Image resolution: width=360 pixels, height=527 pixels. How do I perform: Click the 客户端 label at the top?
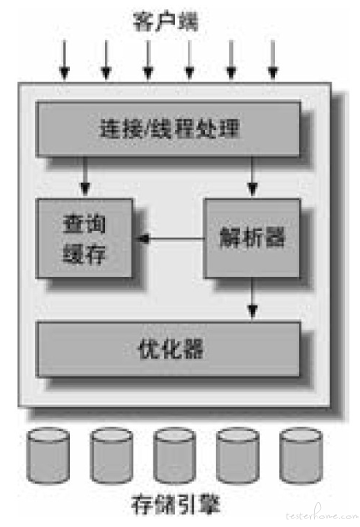pyautogui.click(x=166, y=21)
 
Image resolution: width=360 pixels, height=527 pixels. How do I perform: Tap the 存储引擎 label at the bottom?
pyautogui.click(x=176, y=504)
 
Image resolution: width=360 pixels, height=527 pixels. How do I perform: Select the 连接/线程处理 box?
pyautogui.click(x=167, y=129)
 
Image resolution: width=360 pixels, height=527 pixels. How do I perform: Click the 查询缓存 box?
pyautogui.click(x=84, y=238)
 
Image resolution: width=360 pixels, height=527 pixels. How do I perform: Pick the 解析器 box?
pyautogui.click(x=252, y=238)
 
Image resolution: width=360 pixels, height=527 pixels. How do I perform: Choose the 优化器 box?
pyautogui.click(x=167, y=349)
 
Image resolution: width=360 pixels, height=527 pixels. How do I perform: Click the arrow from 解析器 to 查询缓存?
pyautogui.click(x=170, y=238)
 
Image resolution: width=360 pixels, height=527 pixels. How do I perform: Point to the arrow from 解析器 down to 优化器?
pyautogui.click(x=252, y=299)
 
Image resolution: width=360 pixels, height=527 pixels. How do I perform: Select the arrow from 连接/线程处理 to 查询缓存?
pyautogui.click(x=85, y=176)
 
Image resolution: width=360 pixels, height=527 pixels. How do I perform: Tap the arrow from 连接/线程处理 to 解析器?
pyautogui.click(x=252, y=176)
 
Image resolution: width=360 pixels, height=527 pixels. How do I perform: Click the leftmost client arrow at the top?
pyautogui.click(x=64, y=60)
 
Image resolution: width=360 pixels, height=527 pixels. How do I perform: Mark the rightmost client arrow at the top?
pyautogui.click(x=272, y=60)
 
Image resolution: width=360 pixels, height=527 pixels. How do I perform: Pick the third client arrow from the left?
pyautogui.click(x=147, y=60)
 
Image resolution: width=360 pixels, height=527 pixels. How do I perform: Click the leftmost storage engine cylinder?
pyautogui.click(x=48, y=455)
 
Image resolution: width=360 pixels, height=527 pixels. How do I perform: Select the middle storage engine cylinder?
pyautogui.click(x=175, y=455)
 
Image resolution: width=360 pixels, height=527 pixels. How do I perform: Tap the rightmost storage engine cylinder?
pyautogui.click(x=301, y=455)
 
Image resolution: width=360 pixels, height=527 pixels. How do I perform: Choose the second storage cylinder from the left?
pyautogui.click(x=112, y=455)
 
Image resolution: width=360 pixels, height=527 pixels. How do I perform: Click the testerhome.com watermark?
pyautogui.click(x=322, y=514)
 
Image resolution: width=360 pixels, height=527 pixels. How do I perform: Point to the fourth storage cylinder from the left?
pyautogui.click(x=237, y=455)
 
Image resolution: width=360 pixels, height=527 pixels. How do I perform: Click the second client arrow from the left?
pyautogui.click(x=106, y=60)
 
